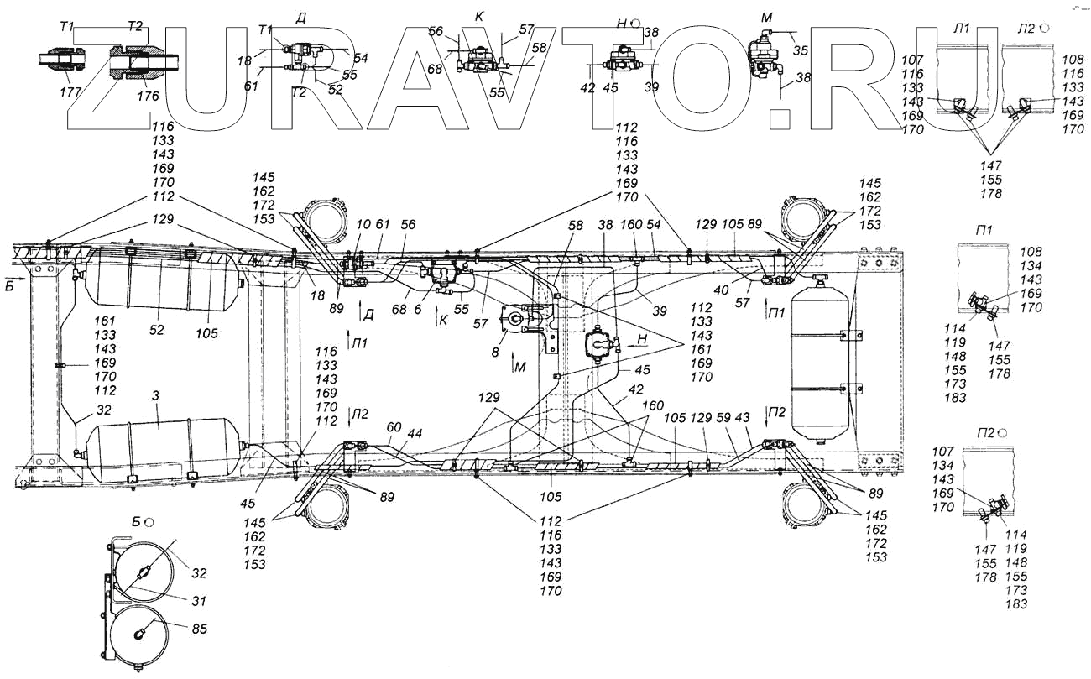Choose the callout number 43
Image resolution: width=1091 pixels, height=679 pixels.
coord(742,417)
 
